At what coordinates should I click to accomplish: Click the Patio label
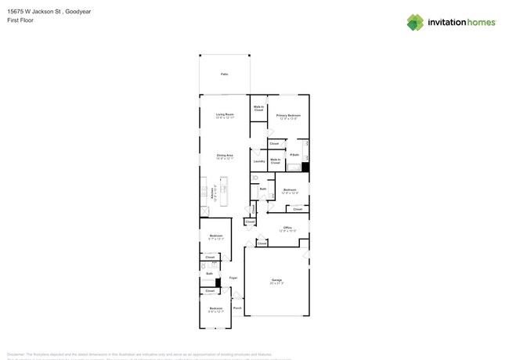tap(225, 74)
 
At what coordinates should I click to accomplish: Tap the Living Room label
tap(226, 115)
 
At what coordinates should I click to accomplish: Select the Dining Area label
tap(226, 156)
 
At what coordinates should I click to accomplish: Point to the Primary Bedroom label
tap(288, 116)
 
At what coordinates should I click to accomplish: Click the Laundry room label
tap(258, 161)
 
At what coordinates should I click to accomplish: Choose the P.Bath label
tap(294, 155)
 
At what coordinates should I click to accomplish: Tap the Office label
tap(288, 228)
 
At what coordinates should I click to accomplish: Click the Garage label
tap(276, 279)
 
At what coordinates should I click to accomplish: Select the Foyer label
tap(233, 278)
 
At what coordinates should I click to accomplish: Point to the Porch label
tap(237, 308)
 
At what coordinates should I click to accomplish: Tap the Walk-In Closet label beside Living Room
tap(258, 109)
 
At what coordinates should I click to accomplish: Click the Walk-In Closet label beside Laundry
tap(276, 161)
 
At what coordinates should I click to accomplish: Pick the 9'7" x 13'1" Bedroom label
tap(216, 236)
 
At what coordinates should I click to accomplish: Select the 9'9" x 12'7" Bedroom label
tap(216, 309)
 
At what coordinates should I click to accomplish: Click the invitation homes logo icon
tap(416, 22)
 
